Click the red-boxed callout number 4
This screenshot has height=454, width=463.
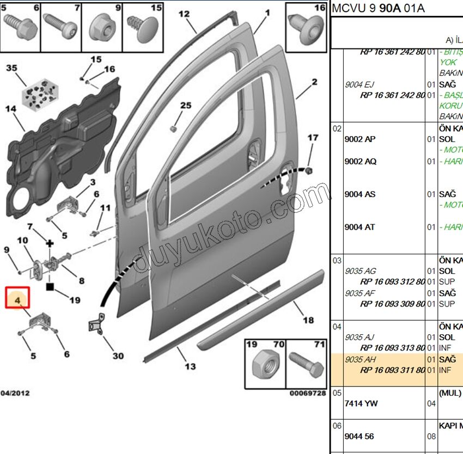coord(17,299)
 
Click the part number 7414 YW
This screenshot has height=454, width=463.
coord(361,403)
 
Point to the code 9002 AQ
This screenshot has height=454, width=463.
coord(360,161)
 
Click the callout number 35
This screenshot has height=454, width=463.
coord(11,68)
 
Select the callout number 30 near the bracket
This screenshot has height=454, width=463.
coord(118,356)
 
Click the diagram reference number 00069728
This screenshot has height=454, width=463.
coord(307,393)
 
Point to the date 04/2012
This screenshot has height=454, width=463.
coord(15,393)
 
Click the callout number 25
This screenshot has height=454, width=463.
coord(186,105)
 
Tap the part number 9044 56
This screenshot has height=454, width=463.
coord(359,436)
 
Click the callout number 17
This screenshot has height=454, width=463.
coord(313,138)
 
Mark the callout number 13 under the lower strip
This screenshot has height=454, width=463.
coord(190,366)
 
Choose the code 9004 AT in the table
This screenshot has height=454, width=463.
coord(360,227)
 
